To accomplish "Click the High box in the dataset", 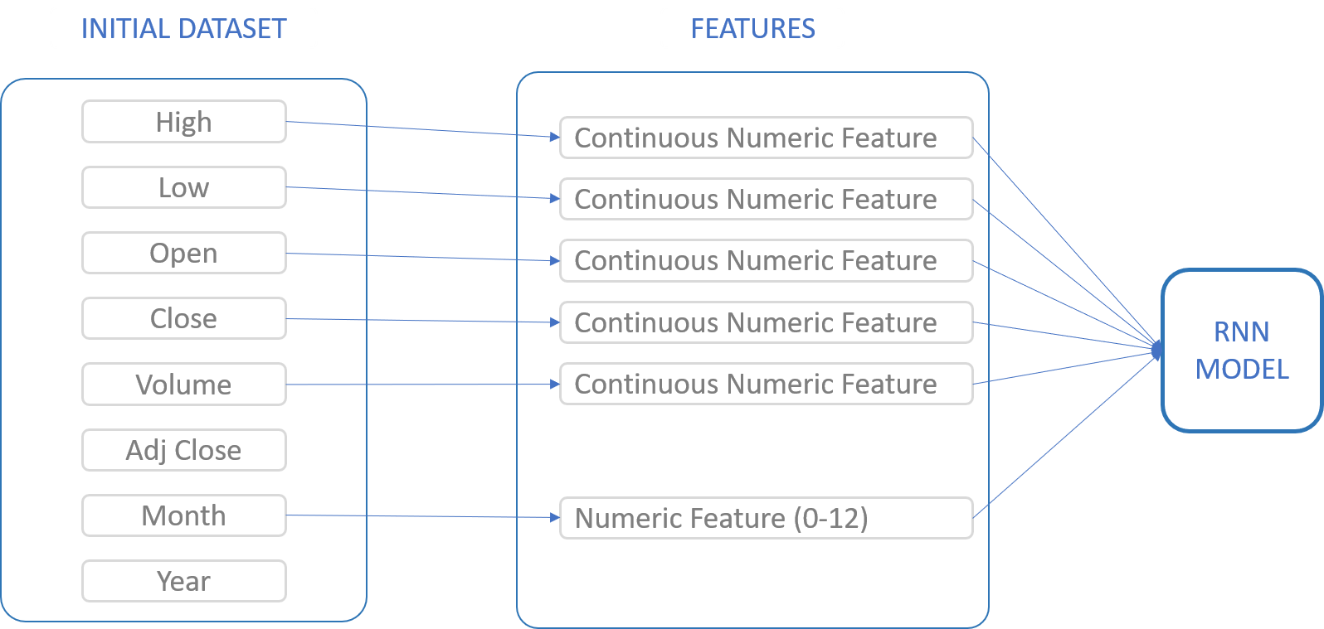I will click(x=183, y=122).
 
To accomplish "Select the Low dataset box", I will click(x=183, y=187).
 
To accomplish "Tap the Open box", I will click(x=183, y=253).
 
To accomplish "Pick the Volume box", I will click(x=183, y=385).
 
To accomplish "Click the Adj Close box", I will click(x=183, y=450).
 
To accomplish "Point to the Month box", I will click(x=183, y=515).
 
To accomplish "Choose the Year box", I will click(x=183, y=581).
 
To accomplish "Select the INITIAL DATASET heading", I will click(x=183, y=28).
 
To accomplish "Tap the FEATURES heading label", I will click(x=752, y=28).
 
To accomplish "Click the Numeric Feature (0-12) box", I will click(x=766, y=518).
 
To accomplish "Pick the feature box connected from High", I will click(x=766, y=138).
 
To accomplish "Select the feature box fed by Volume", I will click(x=766, y=384).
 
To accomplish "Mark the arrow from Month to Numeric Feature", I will click(x=423, y=516).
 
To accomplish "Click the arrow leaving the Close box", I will click(x=423, y=321).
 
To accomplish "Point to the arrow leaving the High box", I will click(x=423, y=129).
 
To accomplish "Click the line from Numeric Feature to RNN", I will click(x=1066, y=433).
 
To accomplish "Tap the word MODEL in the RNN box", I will click(x=1242, y=369).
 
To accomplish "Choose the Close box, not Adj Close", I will click(x=183, y=318).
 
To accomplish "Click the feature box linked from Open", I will click(x=766, y=260).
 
